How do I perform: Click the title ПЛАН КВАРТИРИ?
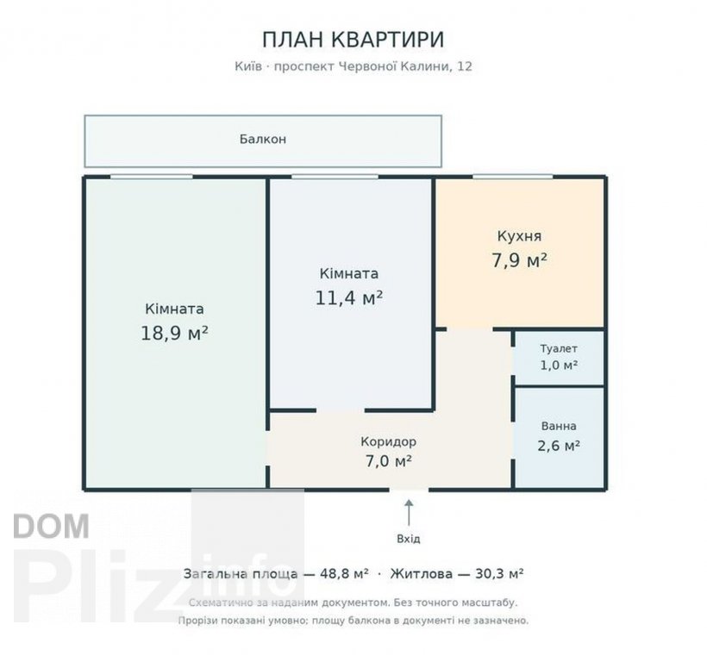[x=353, y=39]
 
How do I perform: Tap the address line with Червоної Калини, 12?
[x=353, y=66]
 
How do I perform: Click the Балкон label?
[x=263, y=139]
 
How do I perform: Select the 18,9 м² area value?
[x=174, y=334]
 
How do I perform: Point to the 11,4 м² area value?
[x=349, y=298]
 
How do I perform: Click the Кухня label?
[x=519, y=236]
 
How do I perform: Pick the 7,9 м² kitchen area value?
[x=519, y=260]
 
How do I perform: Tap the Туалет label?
[x=559, y=348]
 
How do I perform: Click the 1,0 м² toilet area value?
[x=559, y=365]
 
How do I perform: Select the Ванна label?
[x=559, y=426]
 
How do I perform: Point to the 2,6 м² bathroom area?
[x=559, y=446]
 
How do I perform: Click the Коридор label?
[x=388, y=441]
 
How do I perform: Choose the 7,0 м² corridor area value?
[x=388, y=461]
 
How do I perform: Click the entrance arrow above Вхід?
[x=409, y=512]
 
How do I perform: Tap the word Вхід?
[x=409, y=539]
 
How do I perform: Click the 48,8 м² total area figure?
[x=344, y=574]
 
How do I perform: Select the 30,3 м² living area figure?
[x=499, y=574]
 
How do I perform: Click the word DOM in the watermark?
[x=52, y=526]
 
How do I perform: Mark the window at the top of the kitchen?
[x=513, y=177]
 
